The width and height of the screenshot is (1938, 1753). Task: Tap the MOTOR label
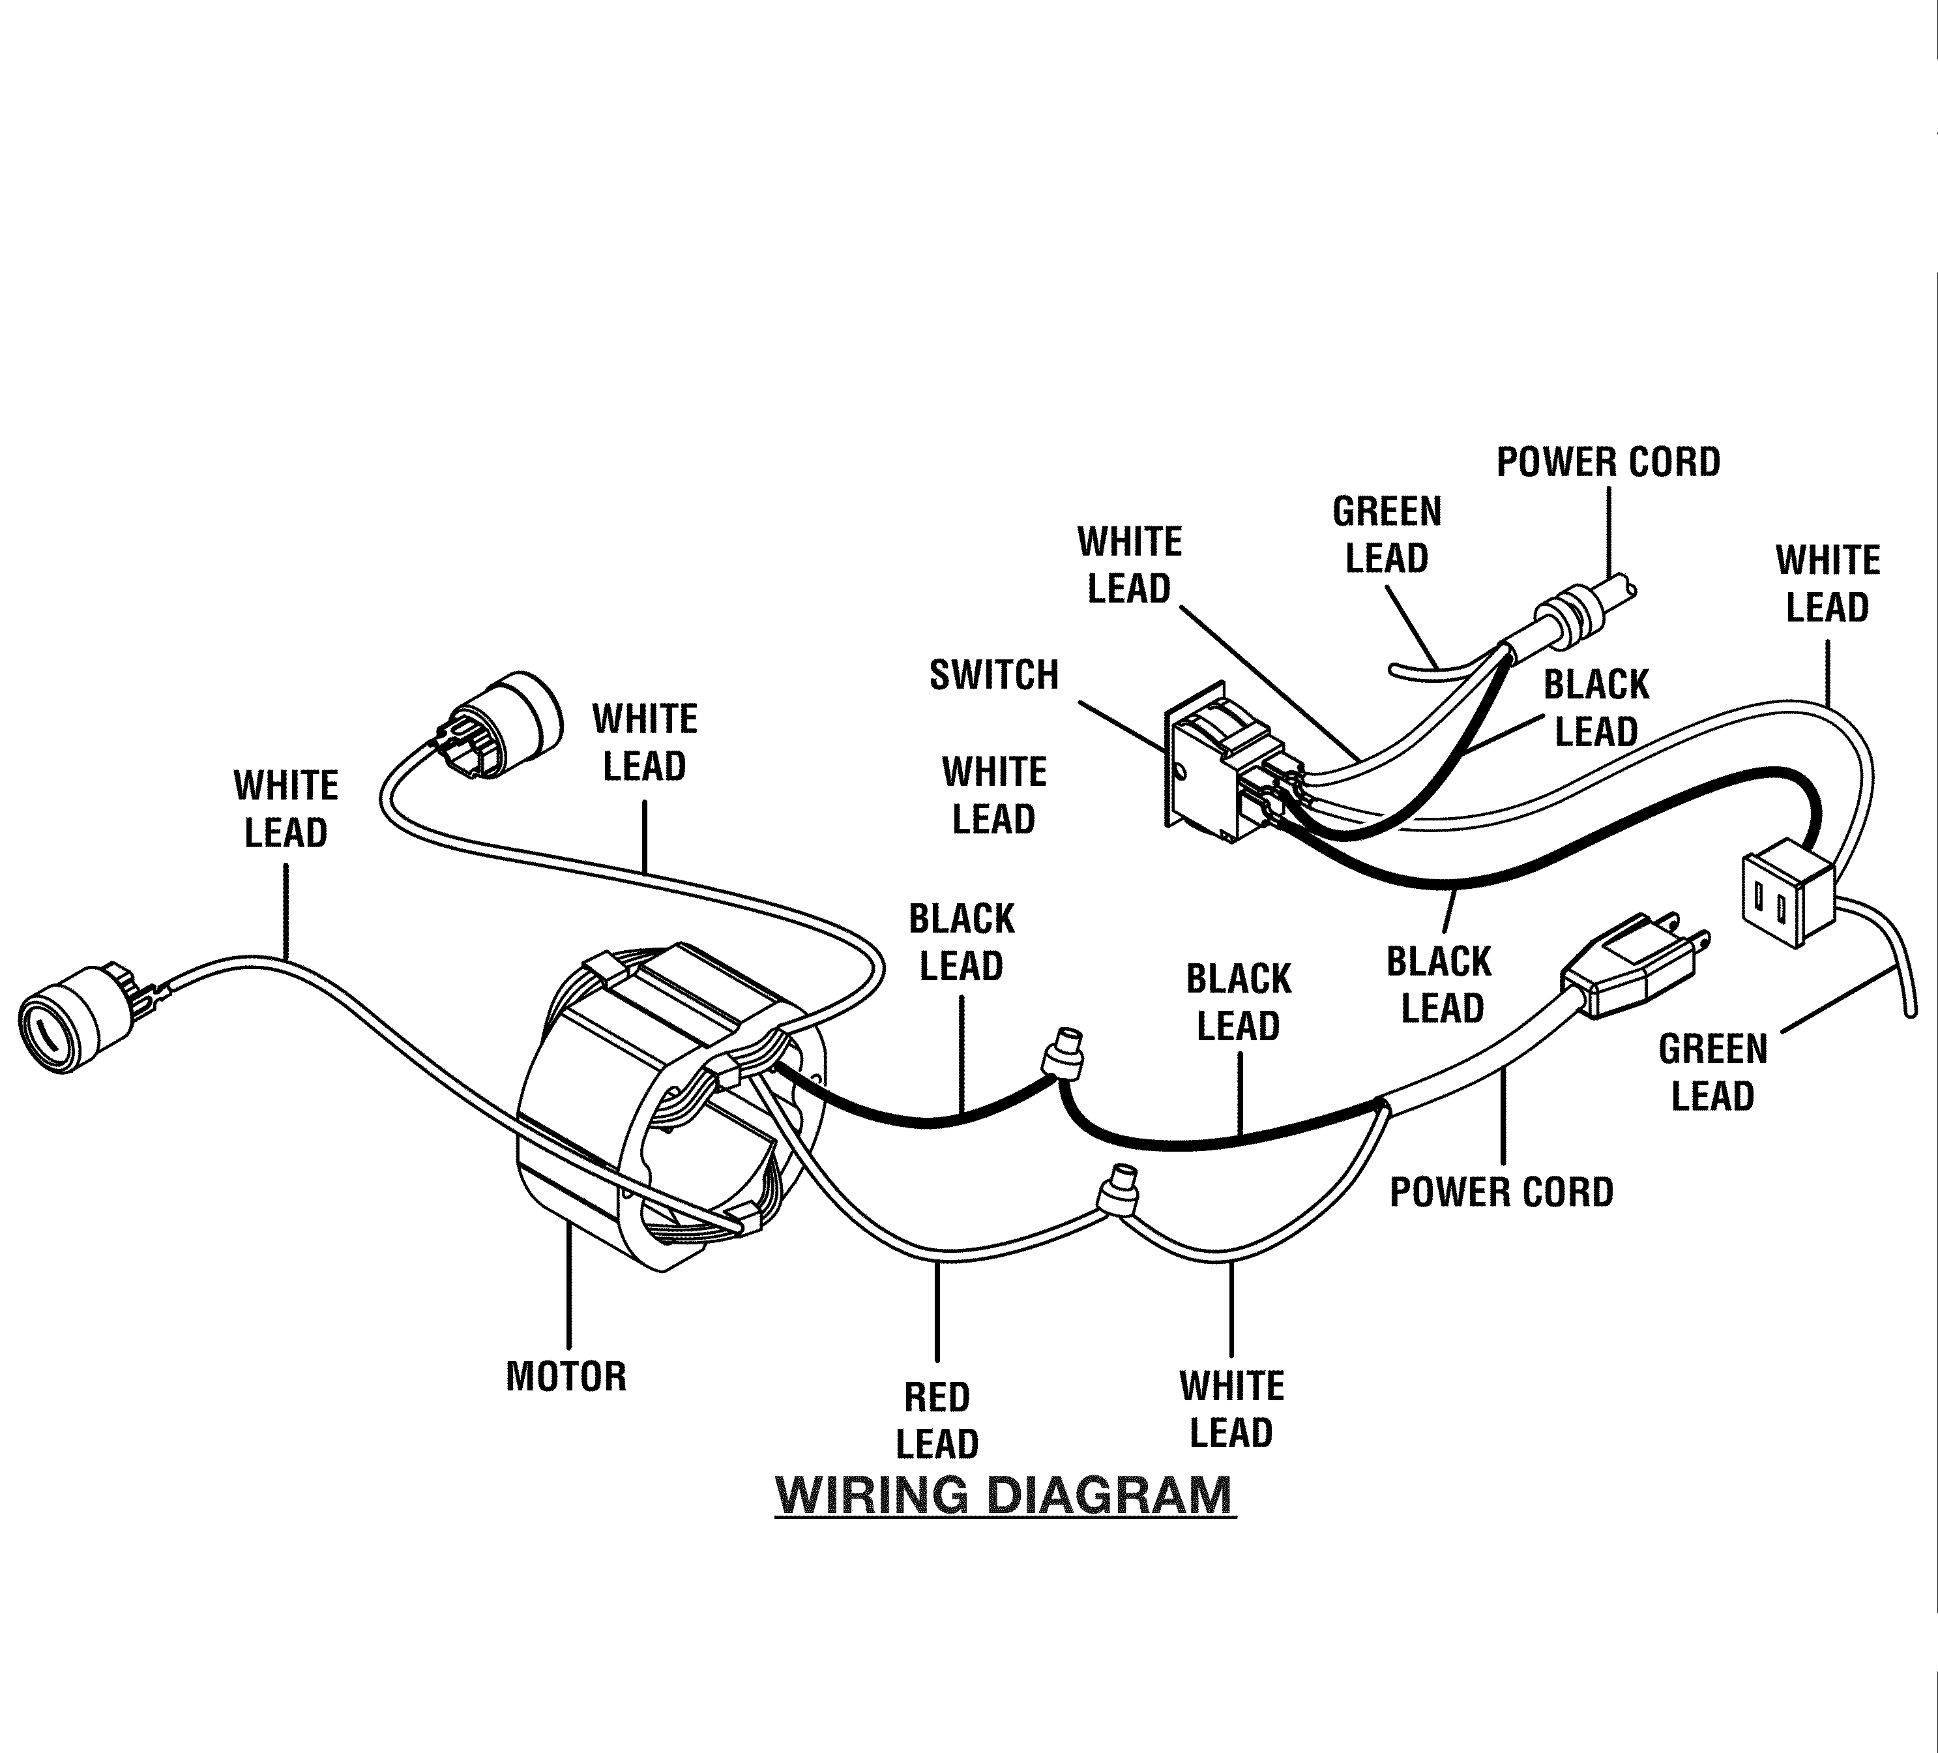pos(566,1376)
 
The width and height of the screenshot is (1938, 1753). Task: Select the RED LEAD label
pos(937,1420)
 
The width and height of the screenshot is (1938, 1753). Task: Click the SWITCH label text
pos(994,675)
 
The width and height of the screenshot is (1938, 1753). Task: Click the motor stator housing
pos(664,1106)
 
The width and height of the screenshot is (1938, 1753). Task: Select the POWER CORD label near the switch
pos(1608,462)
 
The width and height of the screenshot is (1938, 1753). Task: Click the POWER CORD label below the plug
pos(1501,1192)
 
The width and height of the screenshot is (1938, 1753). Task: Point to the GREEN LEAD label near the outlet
pos(1713,1072)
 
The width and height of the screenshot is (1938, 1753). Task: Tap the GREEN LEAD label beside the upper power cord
pos(1387,535)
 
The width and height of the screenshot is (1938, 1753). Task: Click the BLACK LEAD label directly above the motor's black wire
pos(962,942)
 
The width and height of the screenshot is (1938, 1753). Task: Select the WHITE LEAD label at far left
pos(286,809)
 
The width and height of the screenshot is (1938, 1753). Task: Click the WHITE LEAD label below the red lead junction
pos(1231,1410)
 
